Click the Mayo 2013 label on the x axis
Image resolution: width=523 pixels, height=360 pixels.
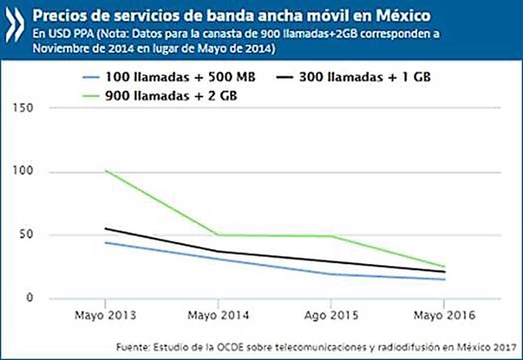tap(105, 316)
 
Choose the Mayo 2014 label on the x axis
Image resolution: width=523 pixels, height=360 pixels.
tap(217, 316)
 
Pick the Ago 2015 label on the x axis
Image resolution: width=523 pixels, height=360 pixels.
tap(330, 316)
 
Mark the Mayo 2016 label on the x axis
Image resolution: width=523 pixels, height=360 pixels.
tap(444, 316)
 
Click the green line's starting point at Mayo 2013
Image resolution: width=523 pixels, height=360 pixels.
tap(105, 171)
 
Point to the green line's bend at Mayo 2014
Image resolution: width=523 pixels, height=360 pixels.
tap(218, 235)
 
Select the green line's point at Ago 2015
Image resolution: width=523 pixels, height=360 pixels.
tap(331, 236)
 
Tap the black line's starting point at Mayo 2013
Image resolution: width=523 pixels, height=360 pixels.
tap(105, 228)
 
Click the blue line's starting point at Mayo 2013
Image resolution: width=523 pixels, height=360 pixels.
tap(105, 243)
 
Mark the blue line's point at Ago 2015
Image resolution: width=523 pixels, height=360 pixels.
tap(331, 274)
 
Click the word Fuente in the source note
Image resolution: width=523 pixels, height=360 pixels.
tap(132, 347)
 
